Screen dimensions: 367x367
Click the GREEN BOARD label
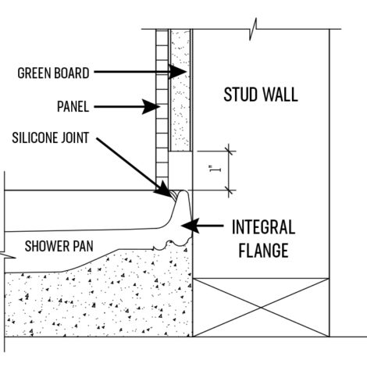53,73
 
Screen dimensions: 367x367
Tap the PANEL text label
73,106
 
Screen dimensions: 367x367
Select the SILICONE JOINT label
51,137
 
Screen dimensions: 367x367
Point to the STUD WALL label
261,94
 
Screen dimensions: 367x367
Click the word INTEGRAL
263,227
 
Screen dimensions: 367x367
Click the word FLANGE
263,251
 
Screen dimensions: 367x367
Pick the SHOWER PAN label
59,246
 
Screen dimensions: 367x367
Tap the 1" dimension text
215,169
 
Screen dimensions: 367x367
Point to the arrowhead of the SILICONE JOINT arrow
165,190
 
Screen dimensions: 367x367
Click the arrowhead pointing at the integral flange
190,226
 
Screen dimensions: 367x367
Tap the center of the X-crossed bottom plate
261,308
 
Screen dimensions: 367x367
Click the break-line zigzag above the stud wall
253,29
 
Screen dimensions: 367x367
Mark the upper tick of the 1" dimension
229,151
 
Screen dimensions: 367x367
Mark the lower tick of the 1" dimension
229,191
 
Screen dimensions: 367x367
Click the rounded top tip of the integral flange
183,191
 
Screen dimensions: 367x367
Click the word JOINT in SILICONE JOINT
75,137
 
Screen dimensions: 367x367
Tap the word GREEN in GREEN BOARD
32,73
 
